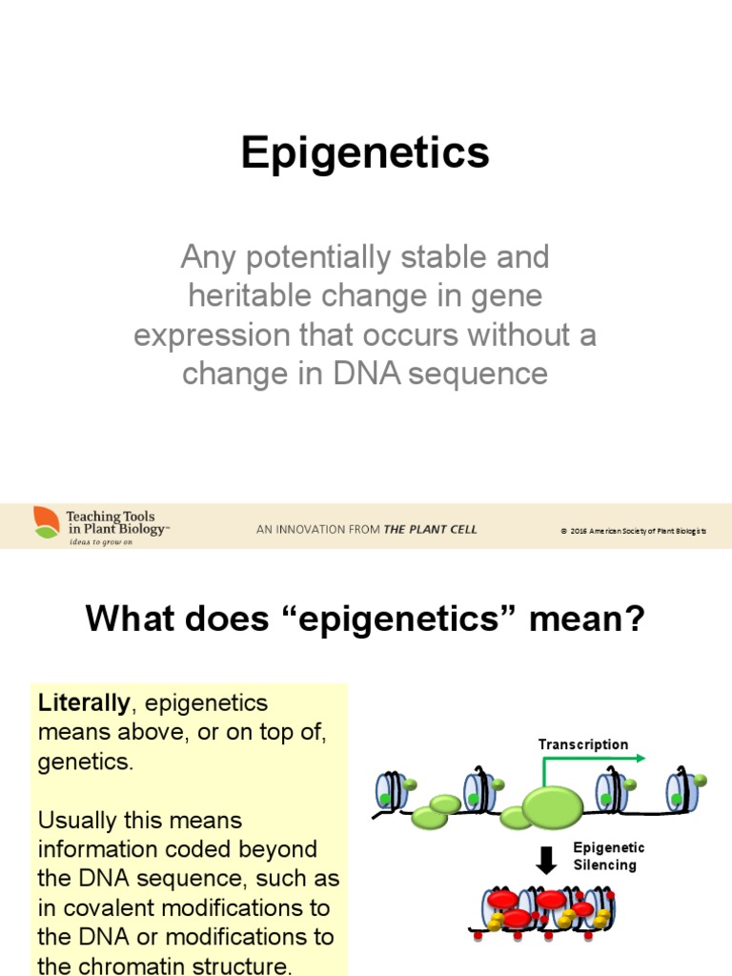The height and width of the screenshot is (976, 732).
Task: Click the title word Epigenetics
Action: (365, 153)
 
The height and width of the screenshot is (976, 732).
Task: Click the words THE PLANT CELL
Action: (430, 530)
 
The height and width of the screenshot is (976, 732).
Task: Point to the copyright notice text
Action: (633, 531)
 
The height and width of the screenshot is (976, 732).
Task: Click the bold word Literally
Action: (84, 704)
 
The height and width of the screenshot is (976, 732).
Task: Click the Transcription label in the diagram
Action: (582, 744)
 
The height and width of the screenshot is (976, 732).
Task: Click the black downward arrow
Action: (546, 861)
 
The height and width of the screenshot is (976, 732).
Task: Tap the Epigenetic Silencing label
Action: (608, 857)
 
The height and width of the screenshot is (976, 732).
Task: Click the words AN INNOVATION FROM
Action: (318, 530)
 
